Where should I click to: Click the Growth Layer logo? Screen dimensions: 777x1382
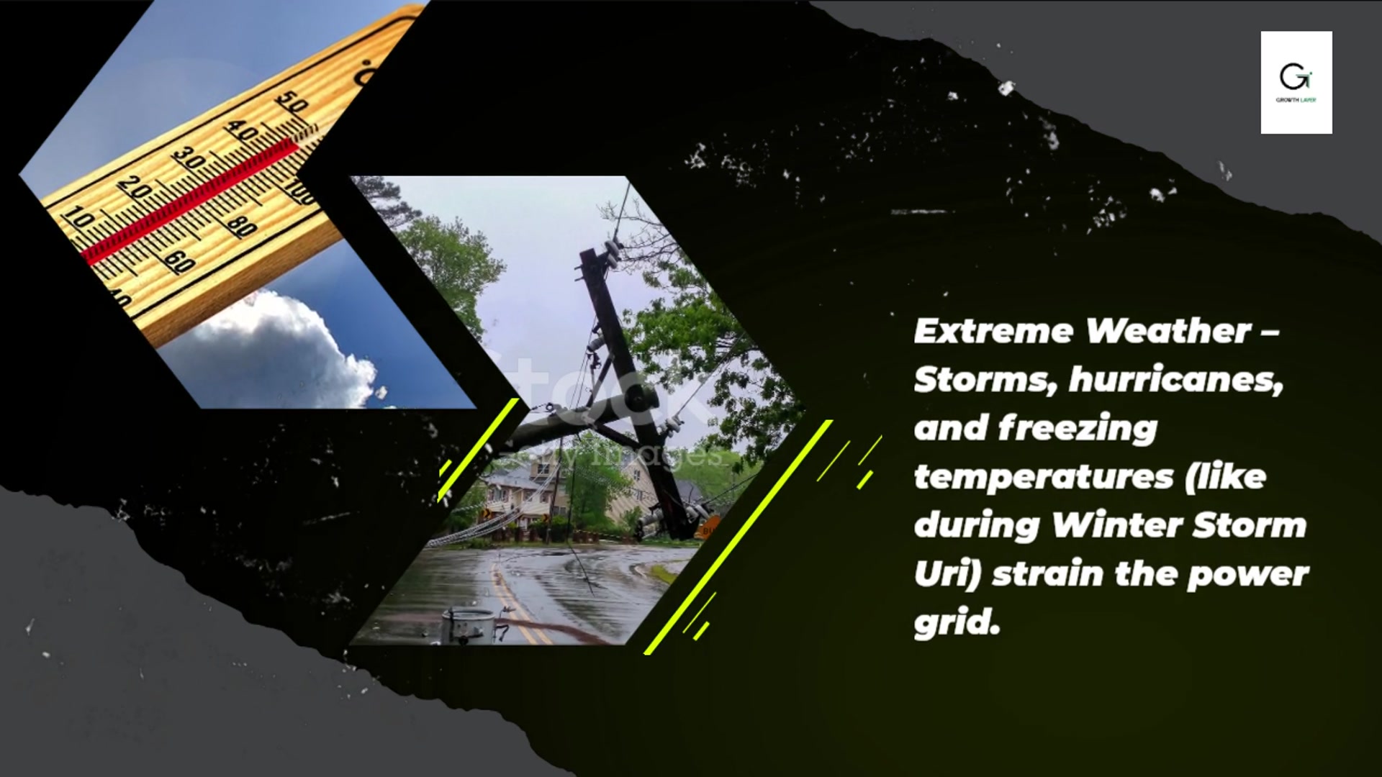(x=1296, y=81)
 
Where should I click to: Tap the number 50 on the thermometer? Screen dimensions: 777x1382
(x=292, y=104)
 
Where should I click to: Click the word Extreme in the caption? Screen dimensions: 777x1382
(x=993, y=331)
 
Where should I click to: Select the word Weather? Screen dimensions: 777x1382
(x=1169, y=331)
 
